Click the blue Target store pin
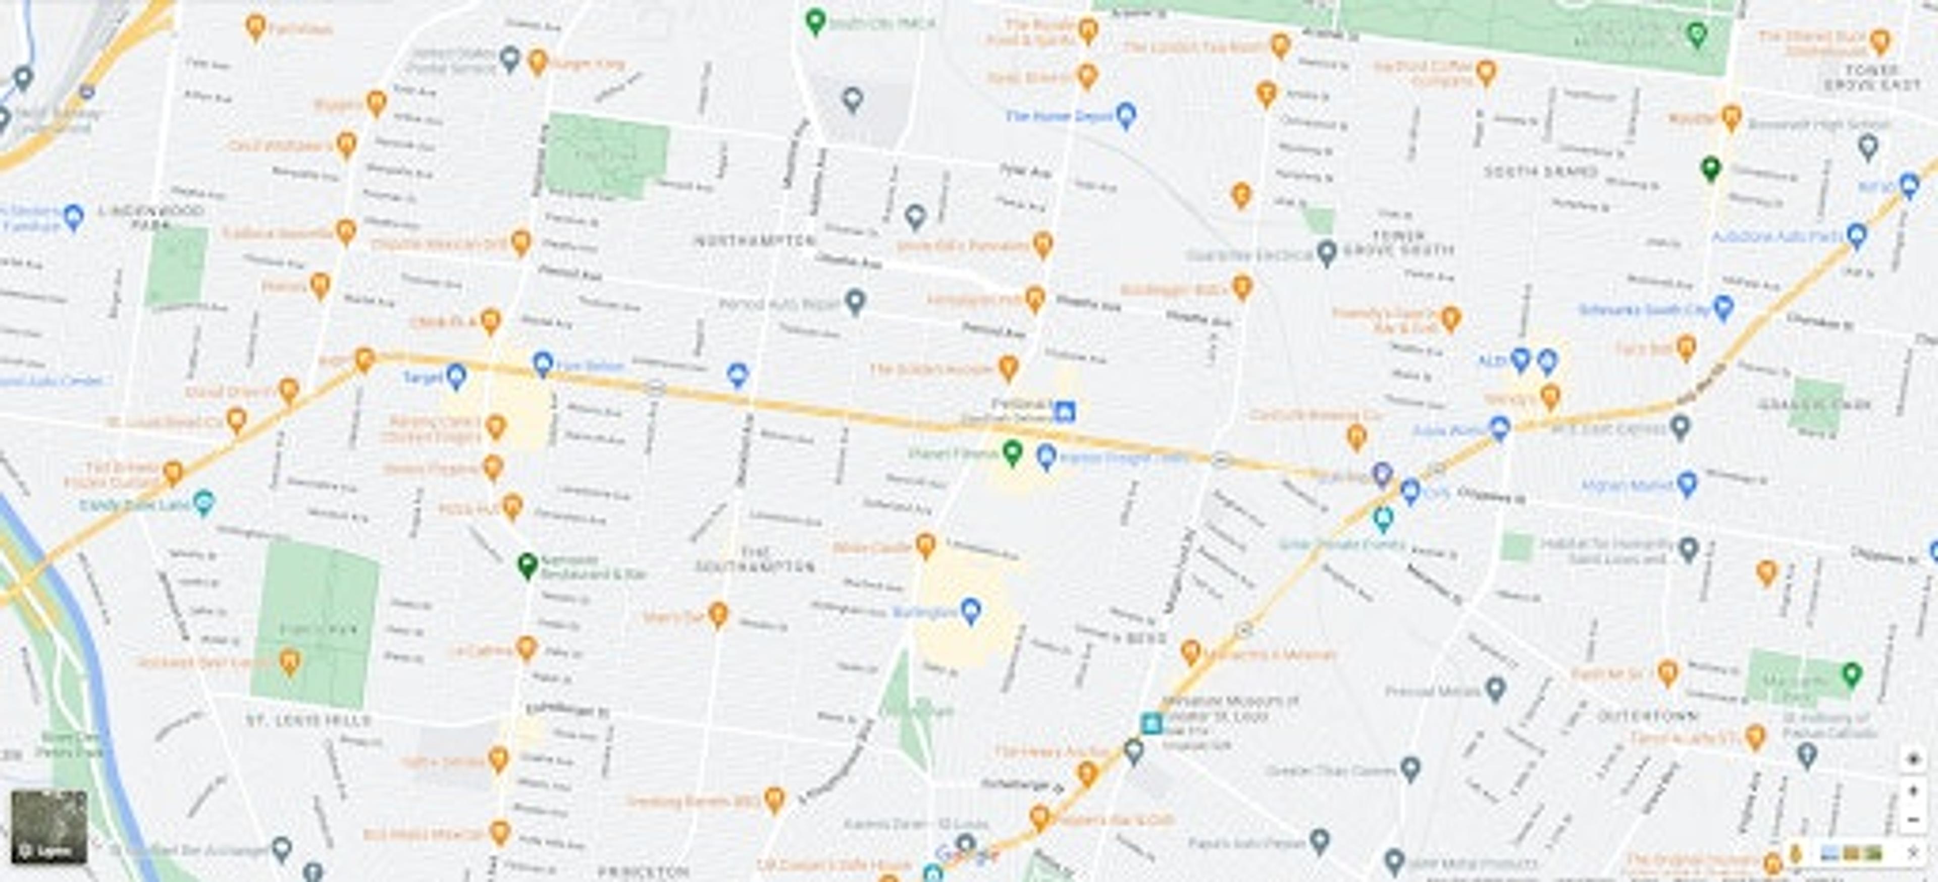pos(456,376)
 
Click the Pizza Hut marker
pos(511,506)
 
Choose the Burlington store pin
pos(970,610)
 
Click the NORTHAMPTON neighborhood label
pos(754,241)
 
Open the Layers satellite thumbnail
pos(49,826)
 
